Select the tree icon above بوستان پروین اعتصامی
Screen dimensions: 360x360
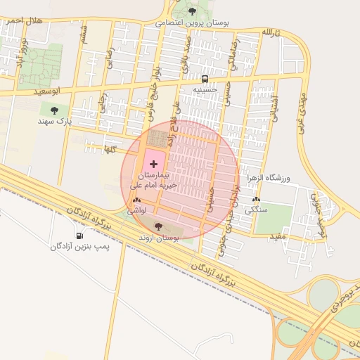click(193, 11)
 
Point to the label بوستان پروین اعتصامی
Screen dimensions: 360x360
click(199, 22)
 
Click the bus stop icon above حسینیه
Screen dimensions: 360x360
click(205, 79)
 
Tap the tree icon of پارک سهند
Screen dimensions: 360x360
click(54, 109)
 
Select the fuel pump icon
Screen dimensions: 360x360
click(79, 236)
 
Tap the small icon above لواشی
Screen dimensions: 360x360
click(135, 200)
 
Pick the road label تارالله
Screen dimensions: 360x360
click(271, 33)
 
